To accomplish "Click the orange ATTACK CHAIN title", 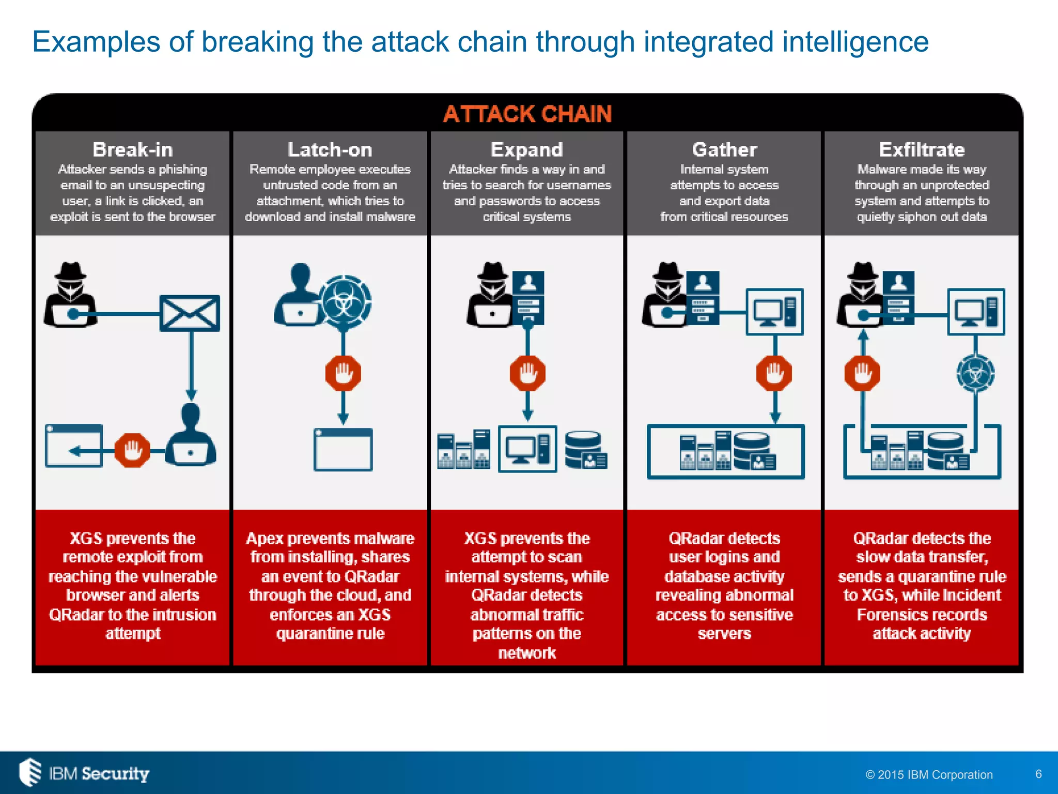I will (527, 114).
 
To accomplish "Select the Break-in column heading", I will (133, 150).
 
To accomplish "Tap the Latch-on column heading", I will (330, 150).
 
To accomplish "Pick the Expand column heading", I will (527, 150).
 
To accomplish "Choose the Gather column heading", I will (724, 150).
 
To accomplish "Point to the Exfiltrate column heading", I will (922, 150).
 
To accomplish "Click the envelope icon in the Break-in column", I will (190, 313).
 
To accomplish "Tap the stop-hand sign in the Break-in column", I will (132, 451).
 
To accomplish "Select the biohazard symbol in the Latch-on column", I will (345, 300).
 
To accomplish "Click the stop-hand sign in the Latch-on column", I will (344, 373).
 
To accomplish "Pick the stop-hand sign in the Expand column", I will (527, 373).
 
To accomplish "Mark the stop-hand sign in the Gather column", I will (774, 373).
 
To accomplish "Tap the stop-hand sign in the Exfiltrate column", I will (862, 373).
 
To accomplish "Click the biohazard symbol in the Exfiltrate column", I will (975, 373).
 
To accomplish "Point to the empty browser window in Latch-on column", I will (343, 450).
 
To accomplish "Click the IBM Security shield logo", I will (30, 773).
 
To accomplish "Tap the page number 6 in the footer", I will (1038, 774).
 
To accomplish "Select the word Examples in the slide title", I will (96, 42).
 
